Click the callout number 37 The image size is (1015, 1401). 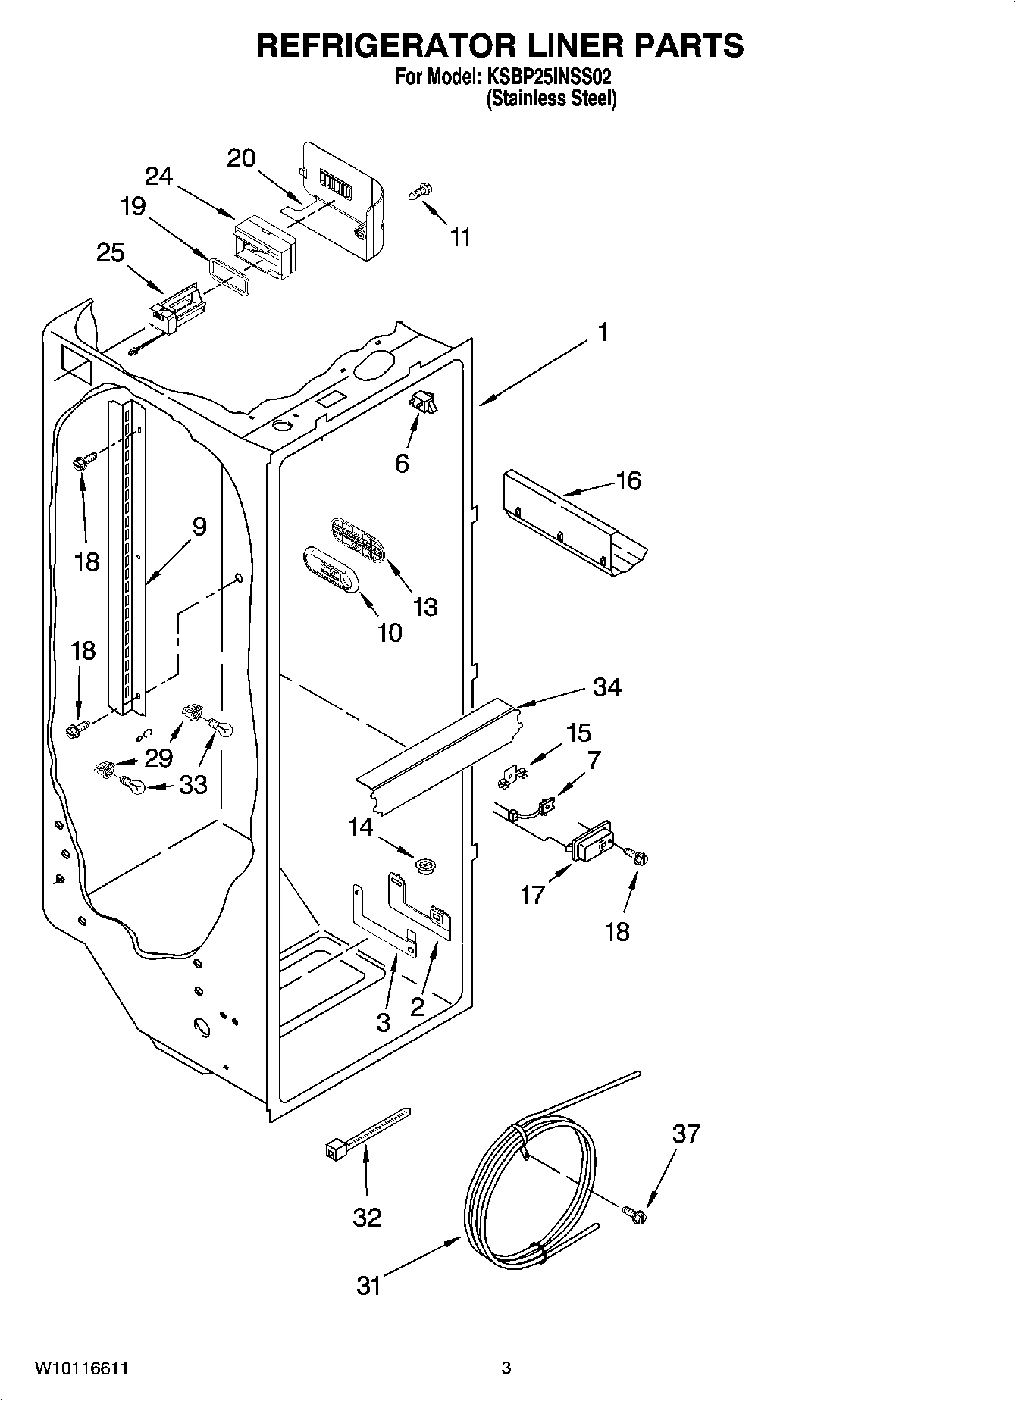686,1134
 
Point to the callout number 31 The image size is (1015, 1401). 368,1286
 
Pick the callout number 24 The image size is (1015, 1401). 159,176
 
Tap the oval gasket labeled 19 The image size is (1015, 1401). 228,272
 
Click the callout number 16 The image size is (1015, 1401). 628,480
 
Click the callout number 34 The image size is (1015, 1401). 606,687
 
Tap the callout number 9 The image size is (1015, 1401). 199,526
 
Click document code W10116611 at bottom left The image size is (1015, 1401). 80,1368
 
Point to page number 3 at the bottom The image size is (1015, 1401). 506,1368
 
